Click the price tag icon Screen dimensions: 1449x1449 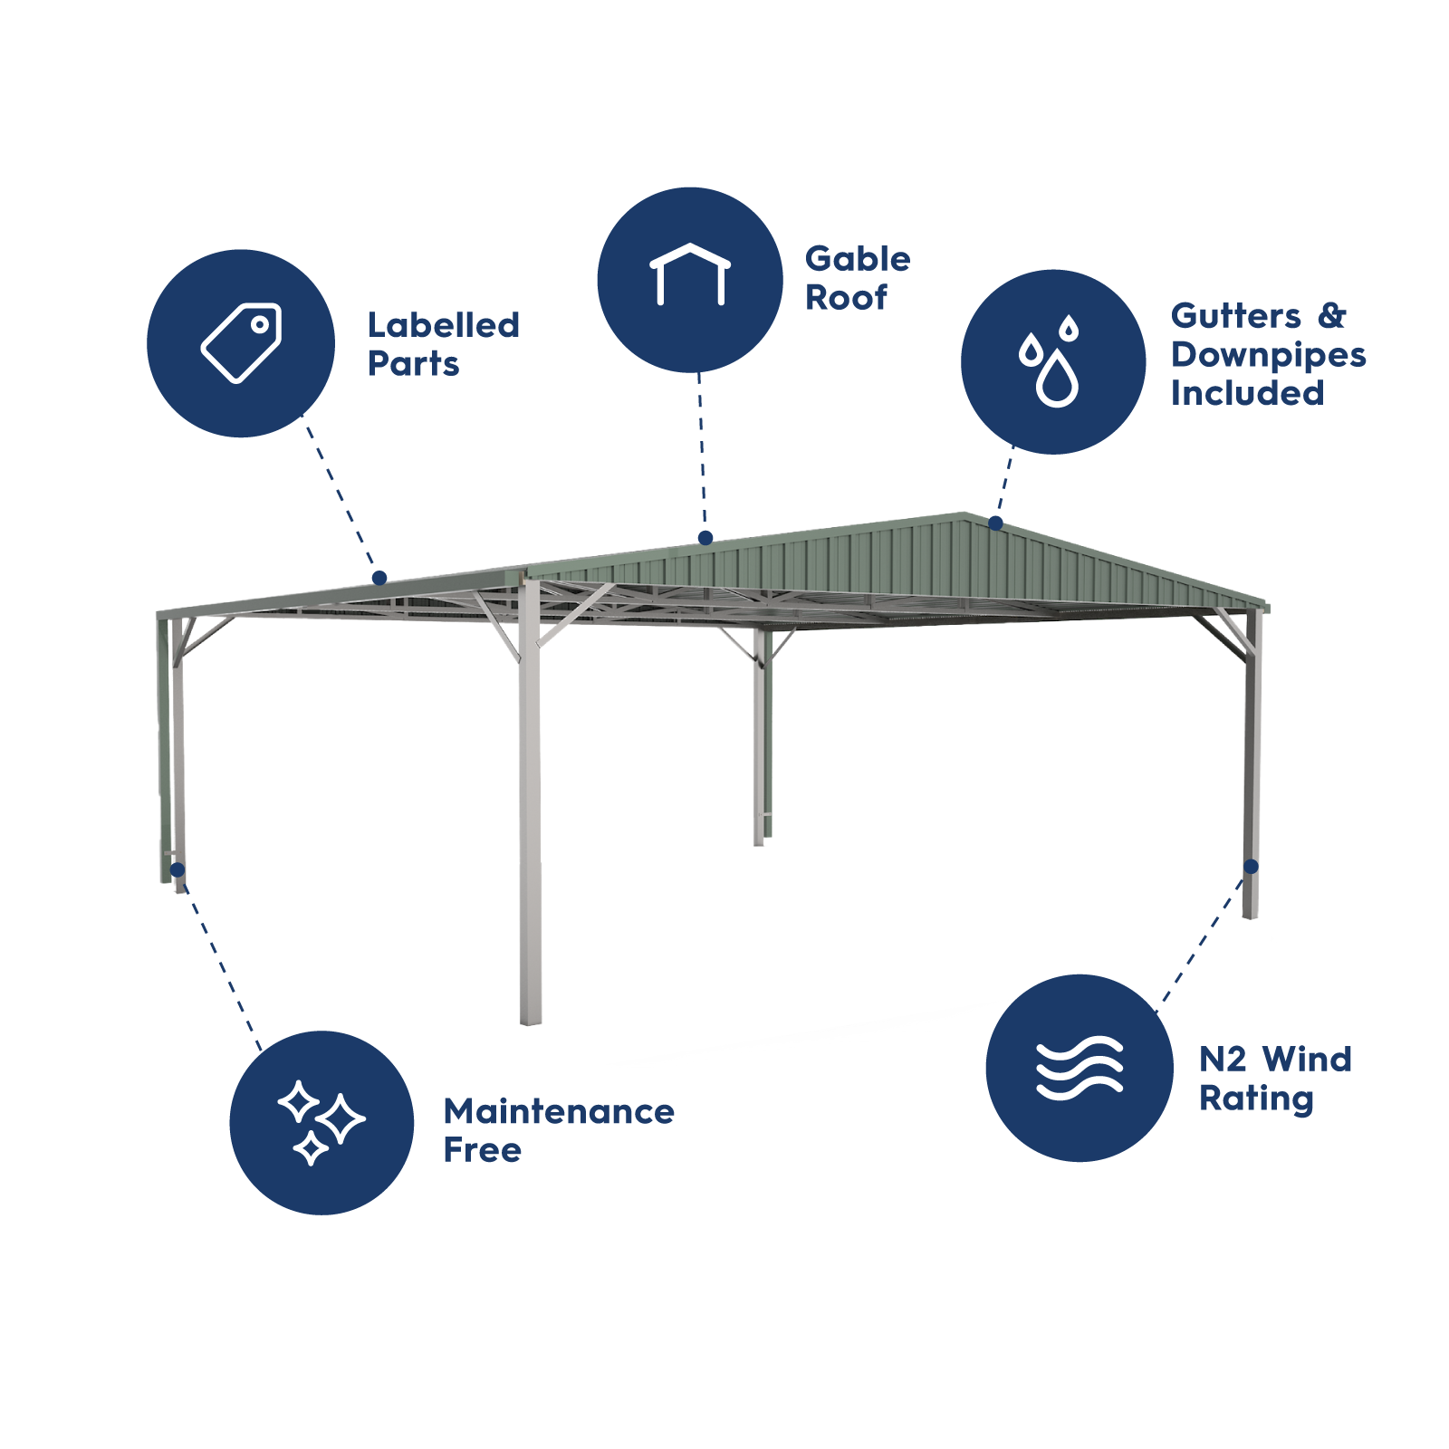[241, 343]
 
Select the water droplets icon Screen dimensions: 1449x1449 [1052, 361]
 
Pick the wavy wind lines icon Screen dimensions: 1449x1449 [1080, 1068]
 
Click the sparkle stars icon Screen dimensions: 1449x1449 [321, 1122]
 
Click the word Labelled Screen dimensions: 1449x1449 [444, 325]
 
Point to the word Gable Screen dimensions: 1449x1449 [858, 259]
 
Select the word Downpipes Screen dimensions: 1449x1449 [1268, 355]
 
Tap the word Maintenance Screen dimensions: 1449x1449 [559, 1112]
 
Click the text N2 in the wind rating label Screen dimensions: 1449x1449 [1223, 1059]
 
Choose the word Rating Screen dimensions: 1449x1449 [1256, 1099]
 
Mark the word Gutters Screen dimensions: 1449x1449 [1235, 316]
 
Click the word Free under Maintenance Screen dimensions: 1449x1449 [482, 1151]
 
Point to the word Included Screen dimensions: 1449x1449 [1247, 393]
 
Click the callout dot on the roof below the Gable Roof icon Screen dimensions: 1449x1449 [705, 538]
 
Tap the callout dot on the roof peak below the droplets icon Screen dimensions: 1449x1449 [995, 523]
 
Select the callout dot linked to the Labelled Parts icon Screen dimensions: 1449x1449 [379, 578]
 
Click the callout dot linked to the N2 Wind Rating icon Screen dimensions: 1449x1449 [1251, 867]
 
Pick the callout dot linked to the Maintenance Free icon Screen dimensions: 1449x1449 [178, 870]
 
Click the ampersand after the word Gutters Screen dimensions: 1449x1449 [1331, 316]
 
